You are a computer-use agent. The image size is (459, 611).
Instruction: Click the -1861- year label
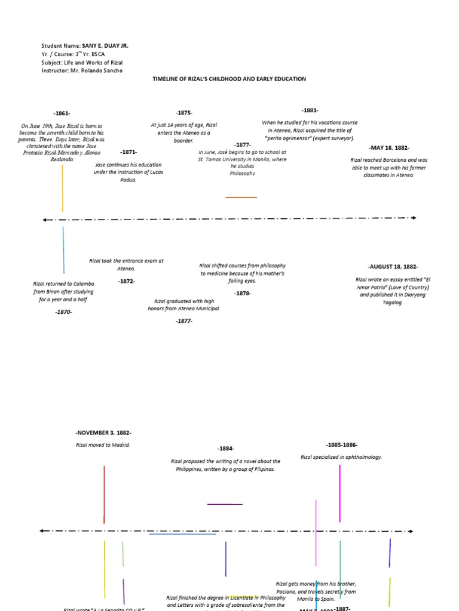click(62, 113)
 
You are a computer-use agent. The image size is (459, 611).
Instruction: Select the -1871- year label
click(128, 152)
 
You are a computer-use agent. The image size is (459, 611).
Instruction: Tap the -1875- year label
click(184, 112)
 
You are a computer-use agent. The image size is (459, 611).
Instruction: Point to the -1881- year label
click(310, 110)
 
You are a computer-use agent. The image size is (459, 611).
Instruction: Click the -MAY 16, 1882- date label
click(389, 147)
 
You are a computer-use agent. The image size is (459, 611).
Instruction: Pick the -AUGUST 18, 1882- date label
click(393, 267)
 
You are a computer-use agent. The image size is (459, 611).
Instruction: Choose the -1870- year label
click(63, 312)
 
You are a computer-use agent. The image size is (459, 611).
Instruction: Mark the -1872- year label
click(126, 281)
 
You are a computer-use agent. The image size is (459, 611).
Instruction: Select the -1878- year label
click(243, 293)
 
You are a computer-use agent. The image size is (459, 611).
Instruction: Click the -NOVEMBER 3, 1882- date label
click(103, 433)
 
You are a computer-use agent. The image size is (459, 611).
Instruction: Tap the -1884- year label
click(226, 449)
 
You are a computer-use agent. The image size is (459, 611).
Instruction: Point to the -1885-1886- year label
click(341, 445)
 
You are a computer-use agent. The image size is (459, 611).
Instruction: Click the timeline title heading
click(229, 79)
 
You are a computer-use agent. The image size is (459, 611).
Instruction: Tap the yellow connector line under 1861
click(63, 188)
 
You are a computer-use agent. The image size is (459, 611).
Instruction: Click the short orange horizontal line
click(241, 197)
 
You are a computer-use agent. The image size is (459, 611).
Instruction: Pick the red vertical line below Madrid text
click(104, 494)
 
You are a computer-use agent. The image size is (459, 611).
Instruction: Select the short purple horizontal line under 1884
click(225, 504)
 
